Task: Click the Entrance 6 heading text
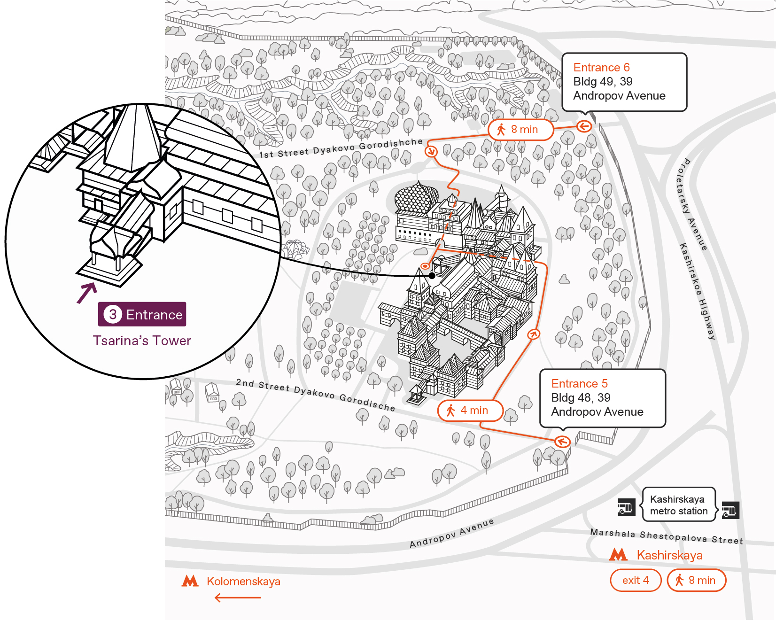[x=601, y=68]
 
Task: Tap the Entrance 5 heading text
[x=579, y=384]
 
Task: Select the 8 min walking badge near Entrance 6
[x=520, y=130]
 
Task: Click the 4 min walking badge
[x=470, y=411]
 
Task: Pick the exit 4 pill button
[x=636, y=580]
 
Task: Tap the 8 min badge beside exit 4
[x=697, y=580]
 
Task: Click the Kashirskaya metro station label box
[x=679, y=505]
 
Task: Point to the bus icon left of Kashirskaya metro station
[x=626, y=507]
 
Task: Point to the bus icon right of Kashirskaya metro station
[x=730, y=510]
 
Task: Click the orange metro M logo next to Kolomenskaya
[x=190, y=581]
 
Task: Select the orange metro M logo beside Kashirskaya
[x=618, y=555]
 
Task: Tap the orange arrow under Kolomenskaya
[x=238, y=598]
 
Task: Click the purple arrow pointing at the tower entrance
[x=87, y=293]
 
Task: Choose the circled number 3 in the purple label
[x=113, y=314]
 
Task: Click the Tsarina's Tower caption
[x=142, y=341]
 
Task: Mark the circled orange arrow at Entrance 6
[x=584, y=126]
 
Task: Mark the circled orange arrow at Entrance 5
[x=562, y=442]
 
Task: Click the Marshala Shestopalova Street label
[x=667, y=536]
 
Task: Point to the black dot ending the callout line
[x=432, y=276]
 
